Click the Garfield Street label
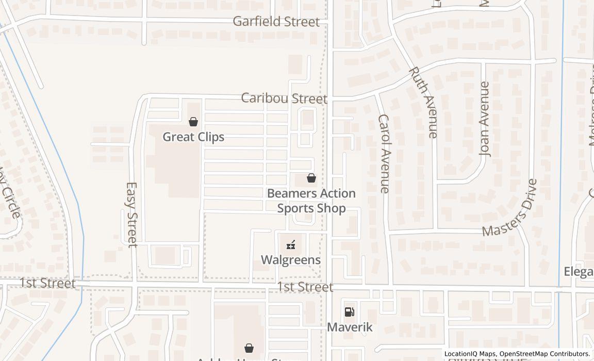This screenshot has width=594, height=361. [276, 22]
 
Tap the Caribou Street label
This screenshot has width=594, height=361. [284, 99]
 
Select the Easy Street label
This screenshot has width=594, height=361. [132, 214]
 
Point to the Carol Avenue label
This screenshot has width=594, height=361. [384, 154]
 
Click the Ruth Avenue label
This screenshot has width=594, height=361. [423, 102]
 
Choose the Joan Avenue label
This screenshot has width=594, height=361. [485, 119]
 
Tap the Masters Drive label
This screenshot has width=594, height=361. [510, 208]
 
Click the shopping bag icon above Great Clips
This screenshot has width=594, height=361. [193, 122]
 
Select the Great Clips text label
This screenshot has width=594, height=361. [193, 137]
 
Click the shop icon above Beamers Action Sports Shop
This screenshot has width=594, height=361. [311, 178]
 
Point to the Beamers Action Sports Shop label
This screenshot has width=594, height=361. [311, 201]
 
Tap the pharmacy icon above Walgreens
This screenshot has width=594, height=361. [291, 245]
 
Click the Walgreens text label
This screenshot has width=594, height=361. [291, 260]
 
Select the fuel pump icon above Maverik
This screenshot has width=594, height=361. [350, 312]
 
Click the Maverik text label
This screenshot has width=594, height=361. [350, 327]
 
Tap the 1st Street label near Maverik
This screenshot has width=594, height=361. [305, 287]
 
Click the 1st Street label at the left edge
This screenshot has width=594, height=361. [47, 284]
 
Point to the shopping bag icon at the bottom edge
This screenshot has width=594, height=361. [249, 348]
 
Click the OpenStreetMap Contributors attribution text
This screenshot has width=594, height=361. [544, 354]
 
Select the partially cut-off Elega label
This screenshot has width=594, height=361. [579, 272]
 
